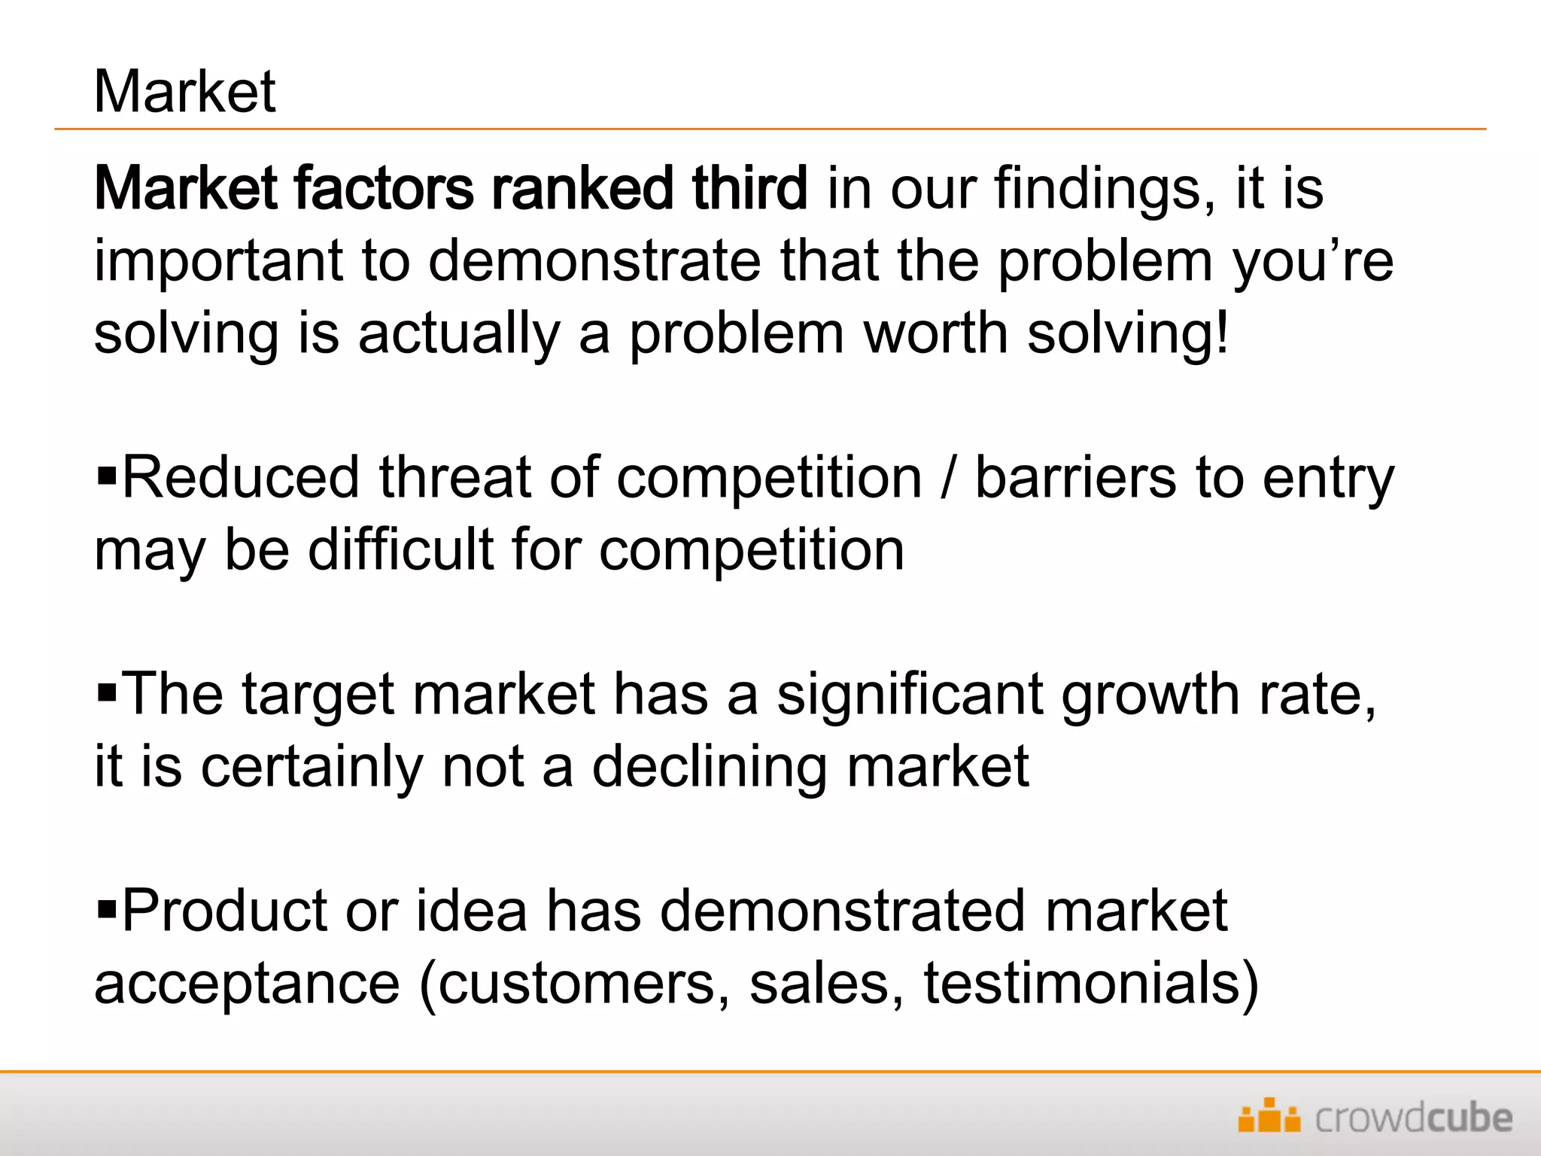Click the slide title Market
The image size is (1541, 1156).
tap(185, 92)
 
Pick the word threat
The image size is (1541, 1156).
tap(454, 477)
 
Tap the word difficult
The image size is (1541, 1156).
tap(400, 549)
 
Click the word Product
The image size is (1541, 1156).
tap(224, 911)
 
